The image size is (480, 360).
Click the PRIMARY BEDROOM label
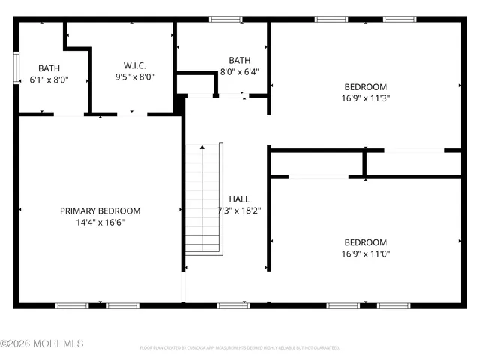100,211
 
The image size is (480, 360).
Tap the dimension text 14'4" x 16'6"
100,223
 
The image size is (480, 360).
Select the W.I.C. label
134,65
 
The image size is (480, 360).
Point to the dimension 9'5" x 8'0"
134,76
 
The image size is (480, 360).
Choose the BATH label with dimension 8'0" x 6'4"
240,61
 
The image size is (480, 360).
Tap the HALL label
240,199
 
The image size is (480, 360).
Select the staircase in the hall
204,199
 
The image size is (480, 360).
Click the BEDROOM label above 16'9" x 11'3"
365,85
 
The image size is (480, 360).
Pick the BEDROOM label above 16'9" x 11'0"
365,242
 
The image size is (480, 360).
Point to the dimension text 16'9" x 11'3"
365,97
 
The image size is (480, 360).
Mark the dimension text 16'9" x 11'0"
365,253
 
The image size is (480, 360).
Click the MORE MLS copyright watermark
42,343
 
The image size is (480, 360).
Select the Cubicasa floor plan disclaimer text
240,348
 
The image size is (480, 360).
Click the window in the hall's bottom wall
233,305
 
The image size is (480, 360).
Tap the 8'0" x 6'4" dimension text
240,72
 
